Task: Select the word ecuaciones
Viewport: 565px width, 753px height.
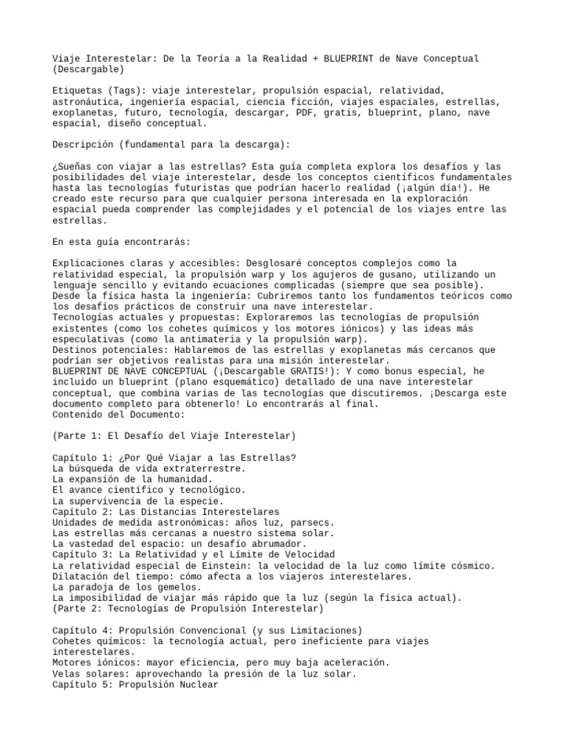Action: tap(263, 285)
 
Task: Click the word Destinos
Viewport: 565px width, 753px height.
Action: tap(75, 350)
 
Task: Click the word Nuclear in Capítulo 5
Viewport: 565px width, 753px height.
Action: tap(196, 684)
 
